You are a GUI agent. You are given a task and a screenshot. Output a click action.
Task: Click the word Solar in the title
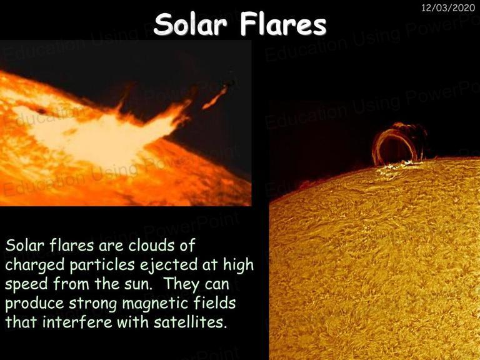(191, 24)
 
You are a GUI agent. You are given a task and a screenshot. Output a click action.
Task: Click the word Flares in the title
(284, 24)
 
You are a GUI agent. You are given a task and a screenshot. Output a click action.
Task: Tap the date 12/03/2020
(448, 7)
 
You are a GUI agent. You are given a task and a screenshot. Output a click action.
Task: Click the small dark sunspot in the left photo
(41, 111)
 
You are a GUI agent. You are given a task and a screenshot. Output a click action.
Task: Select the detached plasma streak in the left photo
(216, 97)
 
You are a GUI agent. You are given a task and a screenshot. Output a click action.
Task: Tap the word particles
(102, 266)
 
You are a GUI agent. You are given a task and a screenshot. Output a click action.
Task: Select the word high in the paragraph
(239, 265)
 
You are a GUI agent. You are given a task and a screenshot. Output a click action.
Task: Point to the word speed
(26, 285)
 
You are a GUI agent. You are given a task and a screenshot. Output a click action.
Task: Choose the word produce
(34, 304)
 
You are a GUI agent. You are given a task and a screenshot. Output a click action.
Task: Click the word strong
(93, 304)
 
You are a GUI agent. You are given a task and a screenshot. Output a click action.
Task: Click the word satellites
(190, 322)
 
